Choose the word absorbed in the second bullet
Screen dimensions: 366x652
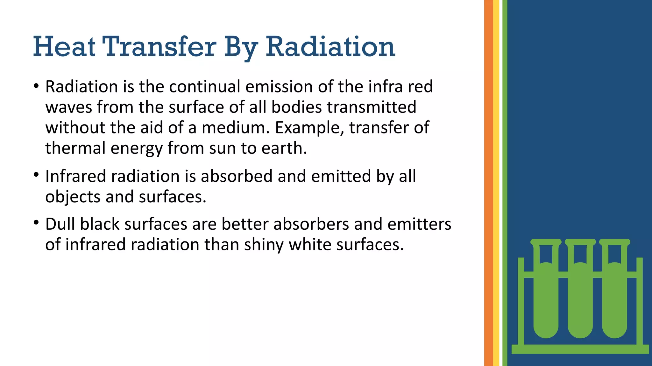pos(237,176)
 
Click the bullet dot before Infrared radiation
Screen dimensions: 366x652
pos(36,175)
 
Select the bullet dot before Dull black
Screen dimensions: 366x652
pos(36,223)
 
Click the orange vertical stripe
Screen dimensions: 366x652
pos(488,183)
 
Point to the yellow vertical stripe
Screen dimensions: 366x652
pos(496,183)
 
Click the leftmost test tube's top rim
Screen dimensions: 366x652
pos(546,242)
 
